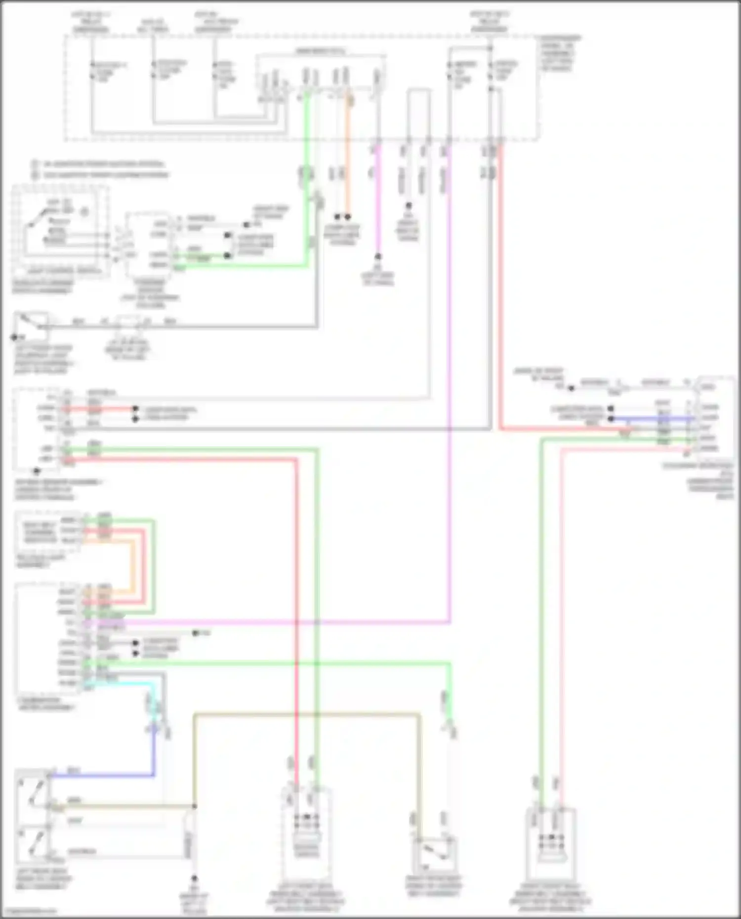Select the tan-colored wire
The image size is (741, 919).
306,714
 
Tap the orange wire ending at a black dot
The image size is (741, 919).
348,163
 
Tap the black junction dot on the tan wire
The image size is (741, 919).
194,806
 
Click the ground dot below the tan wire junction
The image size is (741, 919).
194,879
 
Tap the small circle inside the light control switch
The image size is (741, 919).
84,212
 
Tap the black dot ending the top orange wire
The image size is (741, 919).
348,217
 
